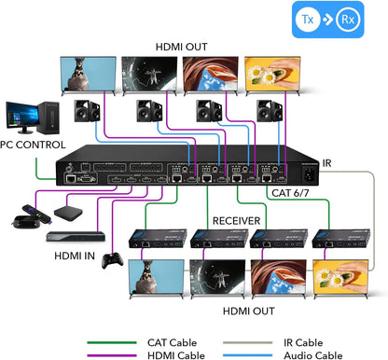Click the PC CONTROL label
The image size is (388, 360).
click(x=33, y=145)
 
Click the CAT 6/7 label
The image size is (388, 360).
click(x=292, y=193)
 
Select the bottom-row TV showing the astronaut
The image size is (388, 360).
click(x=217, y=278)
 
